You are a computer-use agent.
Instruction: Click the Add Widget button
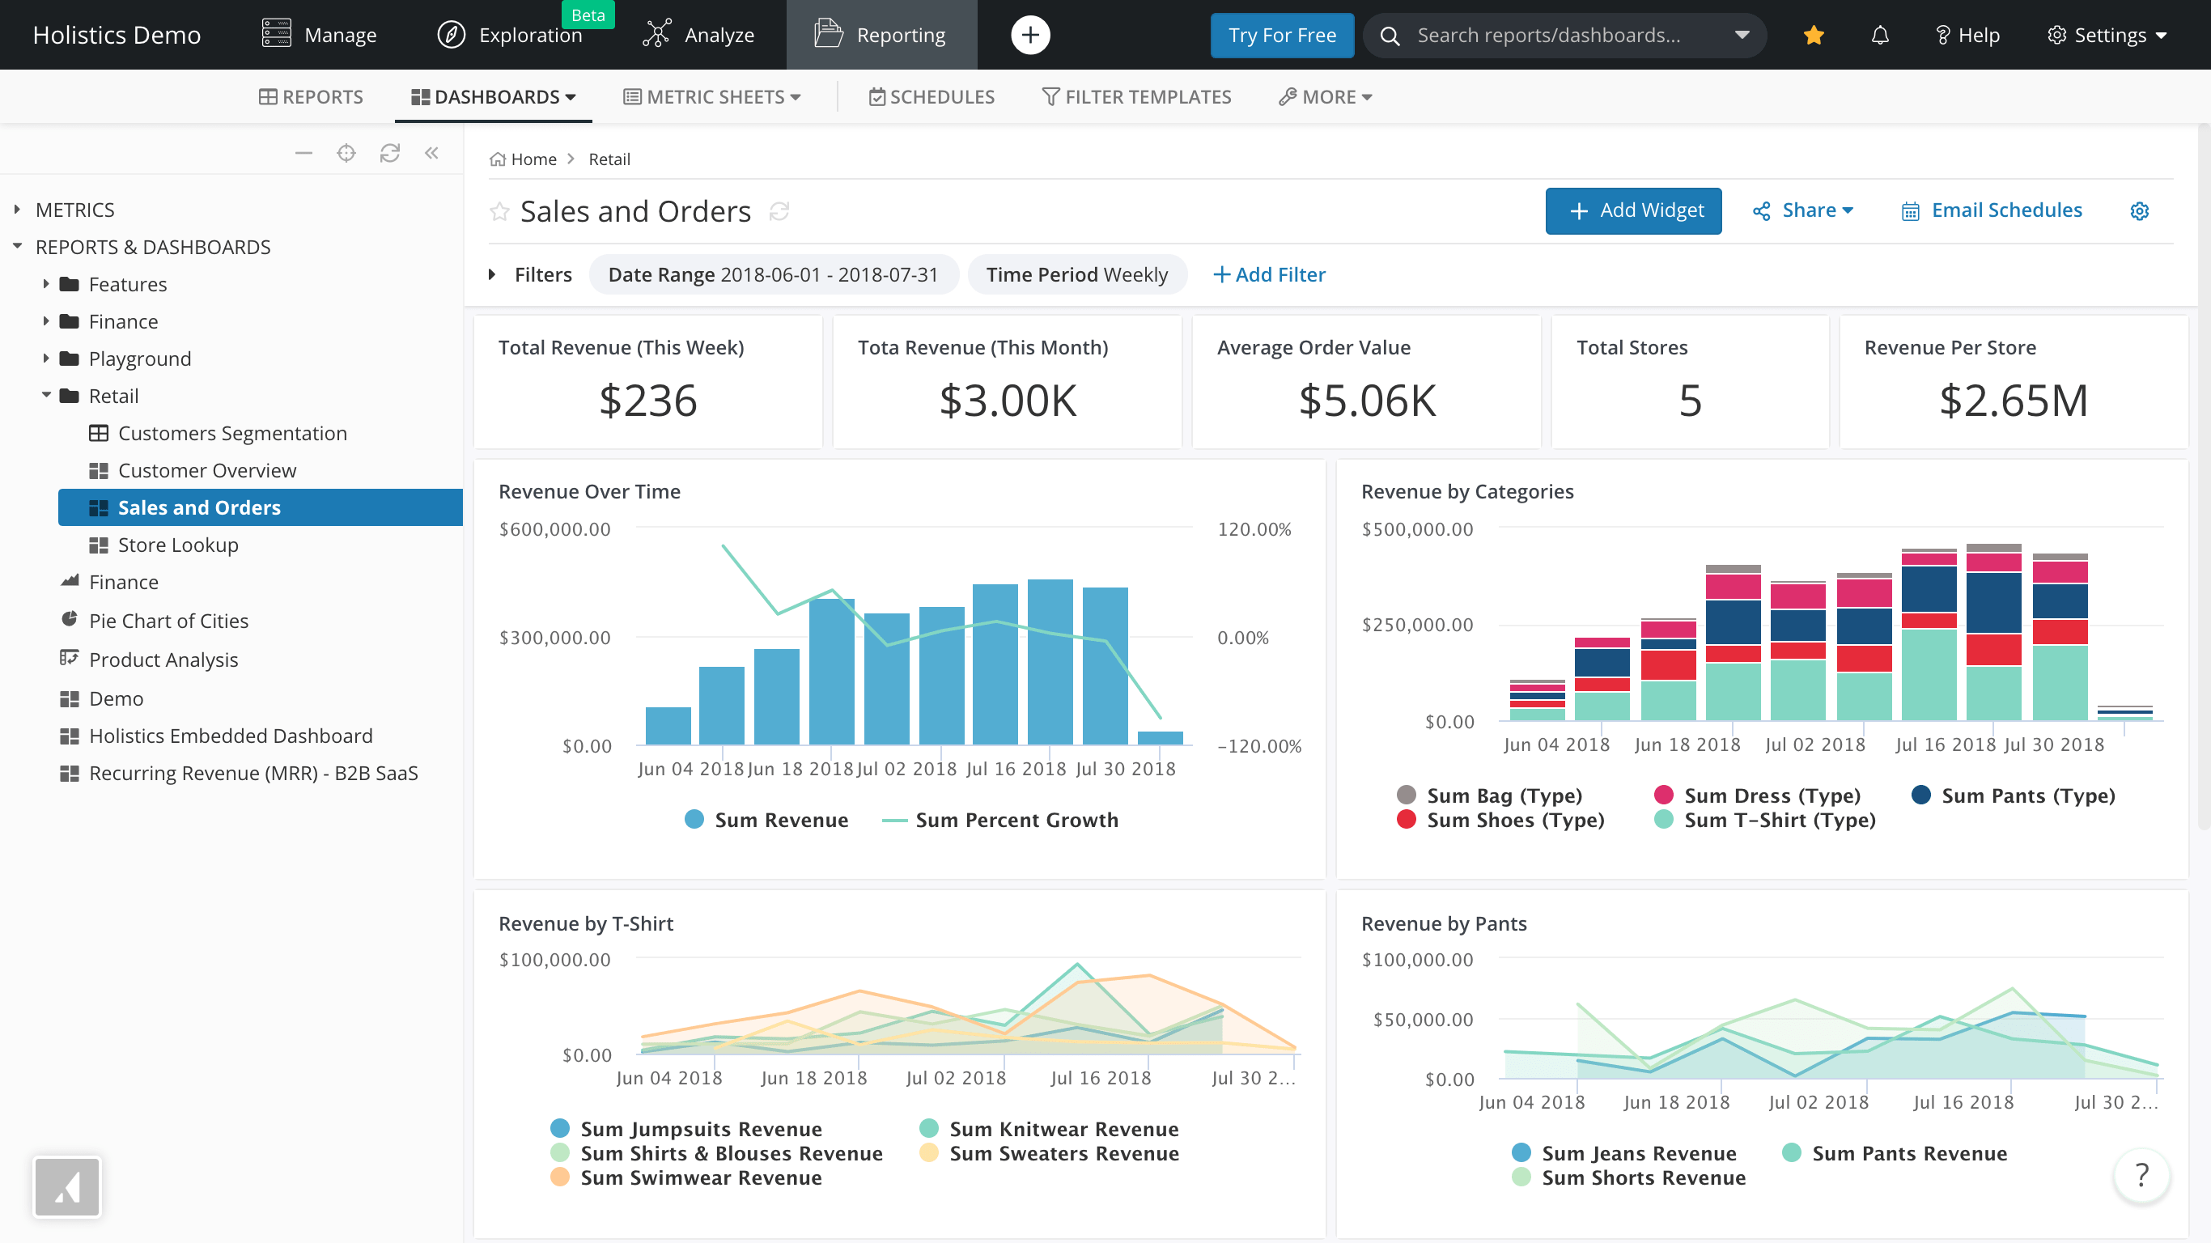click(1632, 210)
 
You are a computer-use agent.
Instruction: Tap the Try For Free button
click(1281, 35)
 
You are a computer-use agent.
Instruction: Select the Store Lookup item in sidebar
click(178, 545)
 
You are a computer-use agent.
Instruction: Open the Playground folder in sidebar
click(139, 358)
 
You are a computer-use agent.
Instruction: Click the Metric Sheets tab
click(712, 97)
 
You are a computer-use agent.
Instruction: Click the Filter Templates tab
click(1136, 97)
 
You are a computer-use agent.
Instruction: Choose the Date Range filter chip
click(773, 274)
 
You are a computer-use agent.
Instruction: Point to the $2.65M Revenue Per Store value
click(2013, 401)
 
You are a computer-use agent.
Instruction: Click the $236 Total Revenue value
click(648, 401)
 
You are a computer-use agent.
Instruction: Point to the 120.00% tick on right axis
click(1253, 529)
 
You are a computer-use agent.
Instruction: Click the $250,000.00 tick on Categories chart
click(1417, 625)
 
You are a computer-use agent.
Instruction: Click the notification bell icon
click(1880, 35)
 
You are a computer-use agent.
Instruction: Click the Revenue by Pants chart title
click(1444, 923)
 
